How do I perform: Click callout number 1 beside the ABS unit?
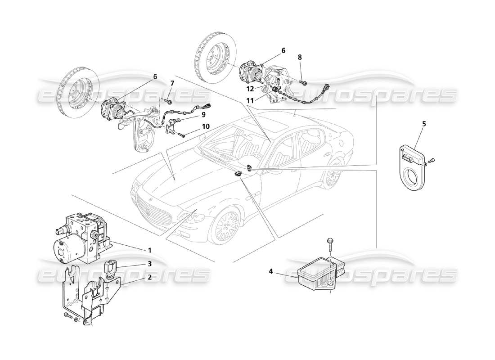(150, 250)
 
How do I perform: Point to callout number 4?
(271, 271)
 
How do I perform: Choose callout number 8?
(300, 57)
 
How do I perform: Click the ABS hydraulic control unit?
(80, 238)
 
